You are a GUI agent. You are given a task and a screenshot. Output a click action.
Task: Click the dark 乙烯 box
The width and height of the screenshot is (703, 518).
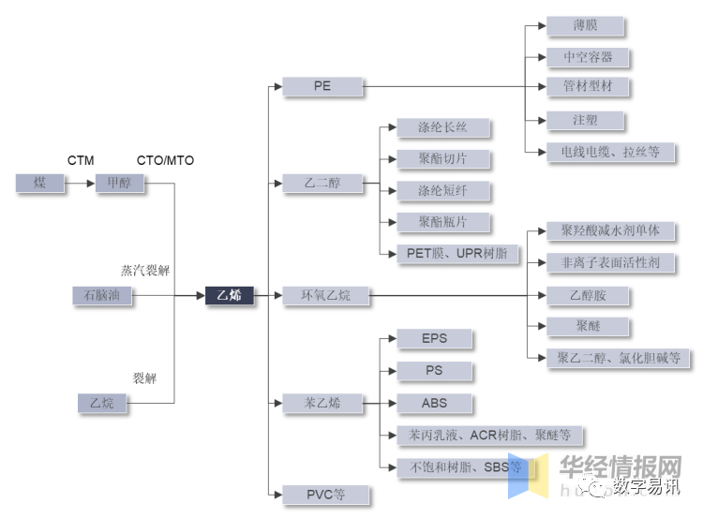tap(230, 296)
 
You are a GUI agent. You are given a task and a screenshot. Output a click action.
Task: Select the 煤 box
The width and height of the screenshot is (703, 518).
tap(39, 184)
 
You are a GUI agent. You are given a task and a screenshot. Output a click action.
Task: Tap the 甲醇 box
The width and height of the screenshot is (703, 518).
tap(120, 184)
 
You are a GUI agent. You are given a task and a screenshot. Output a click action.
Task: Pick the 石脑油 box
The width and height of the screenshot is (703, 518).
tap(103, 296)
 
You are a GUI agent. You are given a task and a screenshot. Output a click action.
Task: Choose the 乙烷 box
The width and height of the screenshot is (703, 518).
tap(102, 404)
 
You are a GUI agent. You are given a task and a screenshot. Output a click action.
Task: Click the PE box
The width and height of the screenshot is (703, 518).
tap(322, 87)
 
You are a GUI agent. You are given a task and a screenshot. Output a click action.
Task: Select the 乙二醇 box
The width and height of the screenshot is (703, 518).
tap(322, 184)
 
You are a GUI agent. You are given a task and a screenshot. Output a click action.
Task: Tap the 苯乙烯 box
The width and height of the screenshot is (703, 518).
tap(322, 404)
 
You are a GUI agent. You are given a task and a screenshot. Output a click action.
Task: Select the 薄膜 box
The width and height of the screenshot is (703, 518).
tap(588, 26)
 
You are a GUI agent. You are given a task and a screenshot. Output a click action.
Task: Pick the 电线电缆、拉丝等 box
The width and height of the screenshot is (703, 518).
tap(610, 152)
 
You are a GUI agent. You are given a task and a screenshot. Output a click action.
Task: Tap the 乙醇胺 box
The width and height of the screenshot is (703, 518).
tap(588, 296)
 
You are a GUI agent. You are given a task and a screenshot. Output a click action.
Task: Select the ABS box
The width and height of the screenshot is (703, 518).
tap(434, 404)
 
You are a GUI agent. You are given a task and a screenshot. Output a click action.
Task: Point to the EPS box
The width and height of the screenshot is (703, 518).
tap(434, 339)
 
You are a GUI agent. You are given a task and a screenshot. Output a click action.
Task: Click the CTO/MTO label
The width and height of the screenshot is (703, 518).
tap(165, 160)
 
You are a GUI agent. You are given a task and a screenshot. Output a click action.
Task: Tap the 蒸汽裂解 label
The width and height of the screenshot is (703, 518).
tap(145, 270)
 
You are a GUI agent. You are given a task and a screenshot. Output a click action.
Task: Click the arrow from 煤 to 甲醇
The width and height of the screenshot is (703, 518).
tap(80, 184)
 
